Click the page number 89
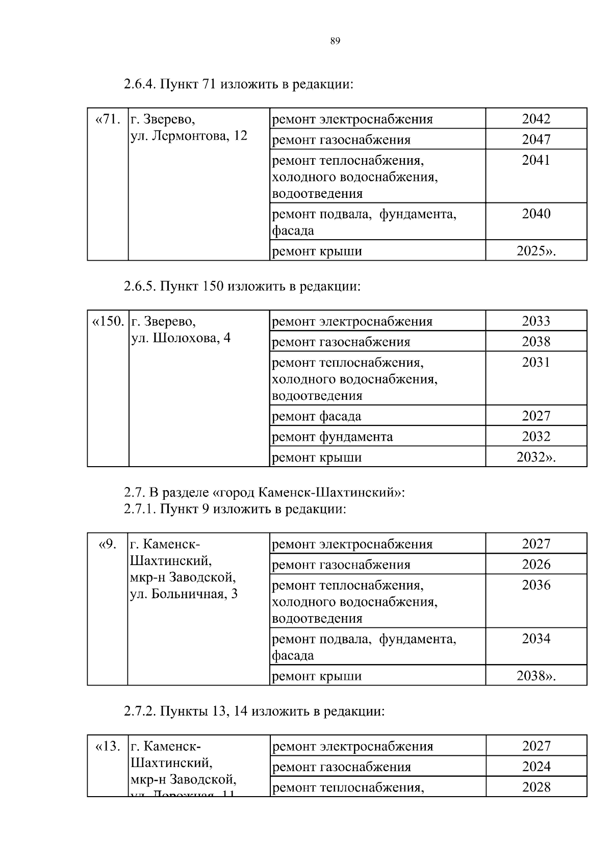pos(335,41)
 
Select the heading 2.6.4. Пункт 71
pos(238,84)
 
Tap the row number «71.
pos(108,119)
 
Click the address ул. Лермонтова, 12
pos(189,136)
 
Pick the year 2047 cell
pos(536,139)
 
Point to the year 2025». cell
pos(536,251)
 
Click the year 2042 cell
pos(536,119)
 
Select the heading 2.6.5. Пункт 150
pos(242,286)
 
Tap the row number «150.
pos(108,321)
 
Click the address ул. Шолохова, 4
pos(181,338)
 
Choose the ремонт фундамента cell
pos(333,437)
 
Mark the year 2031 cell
pos(536,362)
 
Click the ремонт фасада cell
pos(317,416)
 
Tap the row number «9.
pos(108,544)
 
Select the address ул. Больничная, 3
pos(184,594)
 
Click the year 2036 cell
pos(536,585)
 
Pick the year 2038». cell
pos(536,676)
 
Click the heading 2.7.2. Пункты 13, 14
pos(254,711)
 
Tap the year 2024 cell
pos(536,767)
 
